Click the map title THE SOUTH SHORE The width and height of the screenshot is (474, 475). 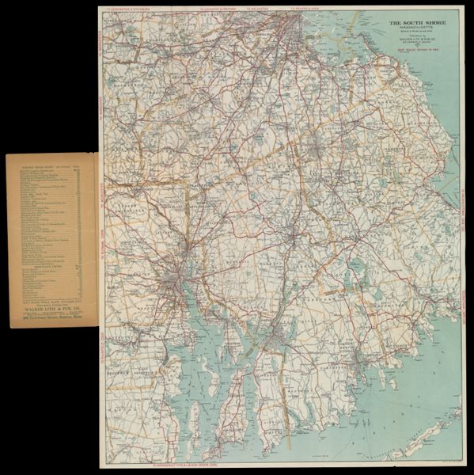416,23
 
